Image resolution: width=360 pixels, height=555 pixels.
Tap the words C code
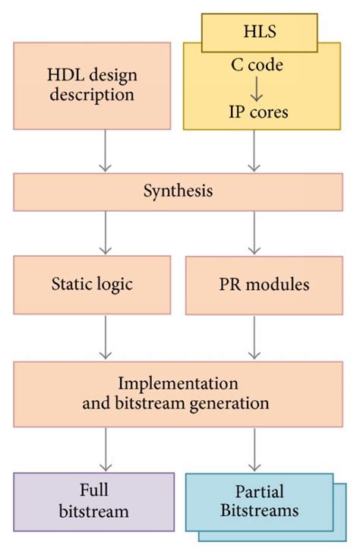click(x=257, y=65)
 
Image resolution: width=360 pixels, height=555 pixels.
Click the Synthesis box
click(x=179, y=191)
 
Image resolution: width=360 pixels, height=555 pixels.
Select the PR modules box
click(x=263, y=285)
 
